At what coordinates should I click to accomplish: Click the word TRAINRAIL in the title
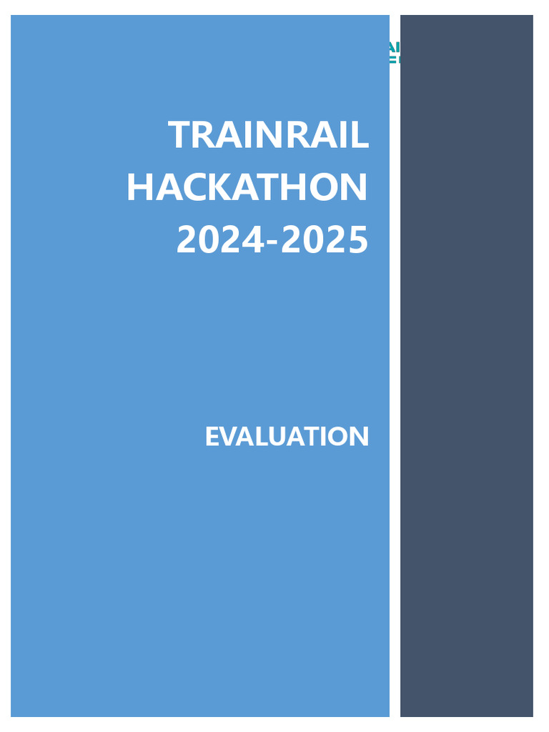tap(268, 135)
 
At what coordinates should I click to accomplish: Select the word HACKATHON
tap(247, 187)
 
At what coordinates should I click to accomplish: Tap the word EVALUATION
tap(287, 436)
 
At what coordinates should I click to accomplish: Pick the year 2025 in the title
tap(325, 240)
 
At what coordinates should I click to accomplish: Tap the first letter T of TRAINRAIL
tap(180, 135)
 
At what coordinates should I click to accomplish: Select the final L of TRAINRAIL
tap(362, 135)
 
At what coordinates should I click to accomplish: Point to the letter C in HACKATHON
tap(194, 187)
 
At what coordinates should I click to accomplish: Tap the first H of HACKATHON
tap(140, 187)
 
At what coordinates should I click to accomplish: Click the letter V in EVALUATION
tap(229, 436)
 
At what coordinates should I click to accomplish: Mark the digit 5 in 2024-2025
tap(357, 240)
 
